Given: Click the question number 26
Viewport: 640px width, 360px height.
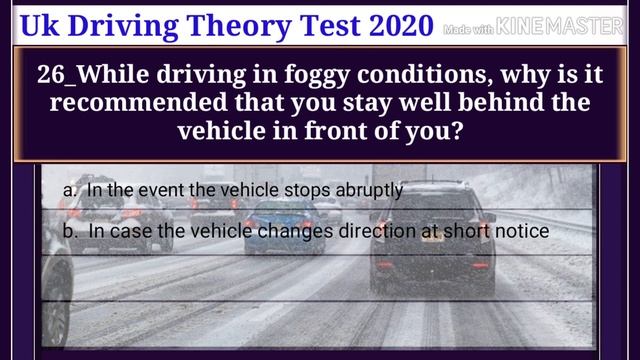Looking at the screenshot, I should pyautogui.click(x=49, y=75).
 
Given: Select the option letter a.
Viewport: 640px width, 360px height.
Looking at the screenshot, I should pyautogui.click(x=69, y=189).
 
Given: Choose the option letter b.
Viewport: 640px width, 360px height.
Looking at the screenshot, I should pyautogui.click(x=69, y=231).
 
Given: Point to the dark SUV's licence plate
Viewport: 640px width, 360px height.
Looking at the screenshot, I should pyautogui.click(x=432, y=238).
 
